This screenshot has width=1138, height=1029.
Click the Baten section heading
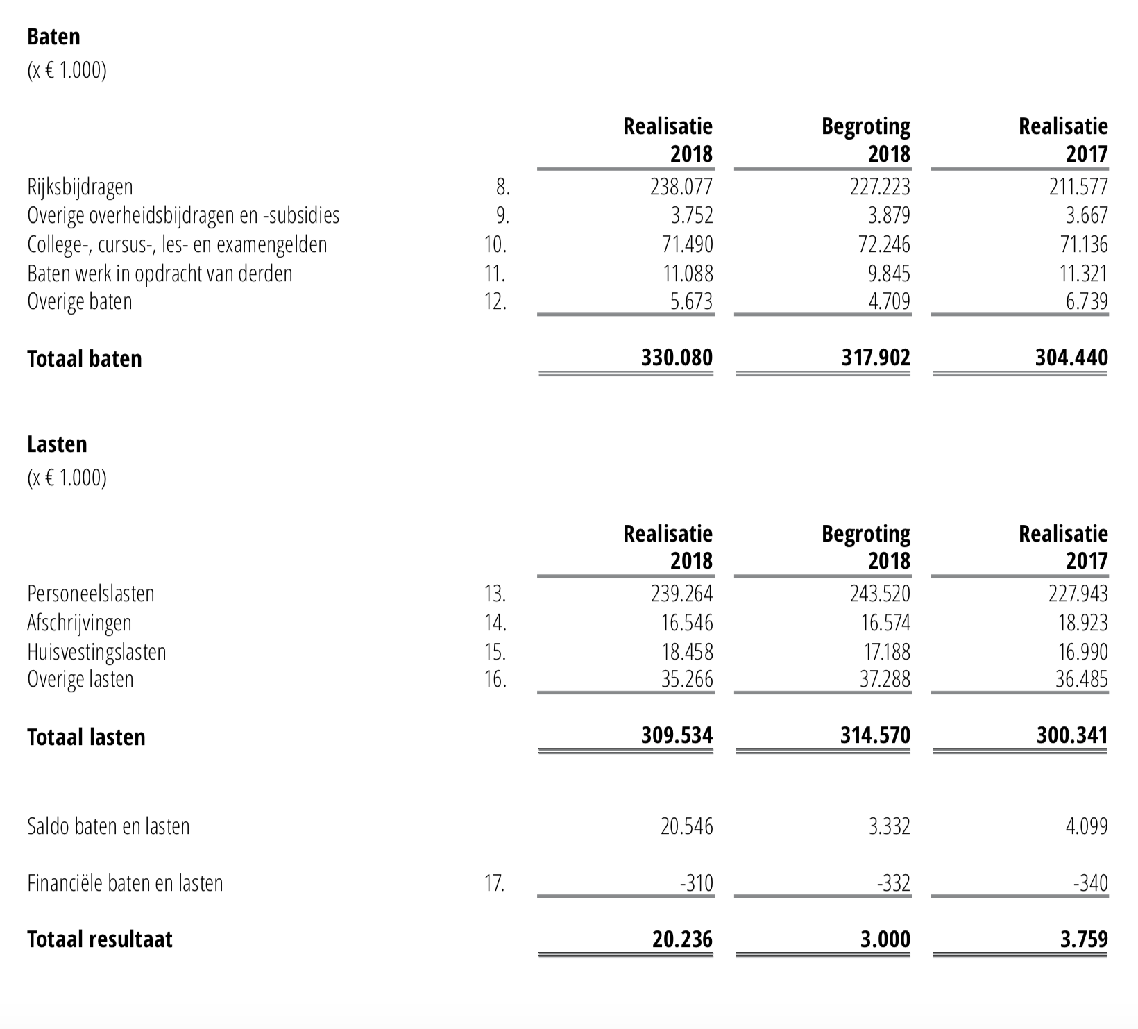click(53, 37)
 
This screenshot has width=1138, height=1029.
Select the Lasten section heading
click(57, 444)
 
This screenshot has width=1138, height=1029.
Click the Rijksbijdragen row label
click(80, 187)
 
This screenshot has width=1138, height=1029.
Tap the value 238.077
click(681, 187)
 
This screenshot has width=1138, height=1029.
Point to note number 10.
click(495, 244)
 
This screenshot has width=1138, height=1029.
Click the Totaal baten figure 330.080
click(677, 358)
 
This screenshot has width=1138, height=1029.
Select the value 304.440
click(1071, 358)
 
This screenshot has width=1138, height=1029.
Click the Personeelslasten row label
click(91, 594)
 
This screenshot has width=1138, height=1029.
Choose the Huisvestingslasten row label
click(96, 652)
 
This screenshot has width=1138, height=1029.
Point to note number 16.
click(495, 679)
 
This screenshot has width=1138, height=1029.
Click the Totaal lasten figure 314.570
click(875, 735)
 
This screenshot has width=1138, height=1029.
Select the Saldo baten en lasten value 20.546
click(686, 826)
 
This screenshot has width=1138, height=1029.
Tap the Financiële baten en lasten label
click(125, 883)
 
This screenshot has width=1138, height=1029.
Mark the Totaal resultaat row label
click(100, 939)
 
